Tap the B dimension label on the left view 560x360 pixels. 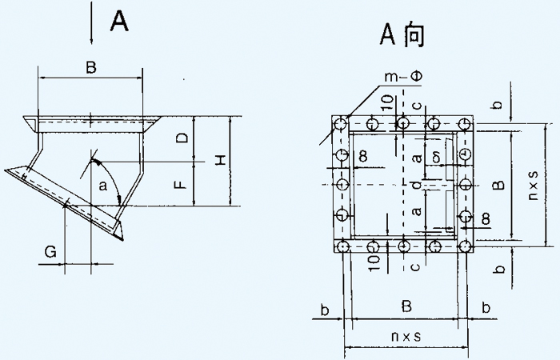pyautogui.click(x=90, y=68)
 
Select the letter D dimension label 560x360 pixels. pyautogui.click(x=183, y=138)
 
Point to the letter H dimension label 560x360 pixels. pyautogui.click(x=218, y=161)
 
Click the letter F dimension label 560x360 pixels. pyautogui.click(x=182, y=185)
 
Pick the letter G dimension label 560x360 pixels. pyautogui.click(x=50, y=254)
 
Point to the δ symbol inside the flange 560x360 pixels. pyautogui.click(x=436, y=153)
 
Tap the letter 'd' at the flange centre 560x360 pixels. pyautogui.click(x=416, y=186)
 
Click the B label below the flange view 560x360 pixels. pyautogui.click(x=406, y=306)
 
